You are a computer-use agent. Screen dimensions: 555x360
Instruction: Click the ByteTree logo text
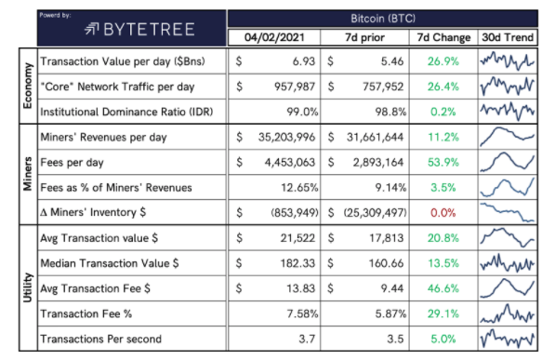coord(150,30)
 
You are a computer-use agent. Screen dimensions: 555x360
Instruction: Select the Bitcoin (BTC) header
coord(383,19)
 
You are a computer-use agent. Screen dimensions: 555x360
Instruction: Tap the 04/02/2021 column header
coord(274,37)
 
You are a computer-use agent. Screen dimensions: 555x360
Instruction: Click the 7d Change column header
coord(443,37)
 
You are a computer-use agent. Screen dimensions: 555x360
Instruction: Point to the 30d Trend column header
coord(508,37)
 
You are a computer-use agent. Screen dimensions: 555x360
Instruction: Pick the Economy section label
coord(28,87)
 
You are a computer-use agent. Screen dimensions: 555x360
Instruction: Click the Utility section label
coord(28,287)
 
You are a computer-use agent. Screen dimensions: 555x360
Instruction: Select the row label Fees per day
coord(72,163)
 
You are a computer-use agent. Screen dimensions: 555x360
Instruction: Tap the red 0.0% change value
coord(443,213)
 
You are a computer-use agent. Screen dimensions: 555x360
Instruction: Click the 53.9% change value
coord(443,162)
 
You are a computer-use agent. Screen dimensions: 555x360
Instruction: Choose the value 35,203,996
coord(286,137)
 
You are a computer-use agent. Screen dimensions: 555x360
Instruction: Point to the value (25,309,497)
coord(376,213)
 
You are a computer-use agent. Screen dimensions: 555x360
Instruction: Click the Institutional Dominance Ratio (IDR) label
coord(126,112)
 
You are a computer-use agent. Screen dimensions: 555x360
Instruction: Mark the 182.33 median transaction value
coord(297,263)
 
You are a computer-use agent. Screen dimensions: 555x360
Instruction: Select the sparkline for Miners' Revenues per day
coord(508,137)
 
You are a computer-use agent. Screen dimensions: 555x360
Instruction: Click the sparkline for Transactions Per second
coord(508,339)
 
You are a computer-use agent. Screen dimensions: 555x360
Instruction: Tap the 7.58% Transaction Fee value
coord(302,313)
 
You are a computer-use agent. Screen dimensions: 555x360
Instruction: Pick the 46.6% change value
coord(443,288)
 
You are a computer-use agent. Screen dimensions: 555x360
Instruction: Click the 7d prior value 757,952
coord(383,87)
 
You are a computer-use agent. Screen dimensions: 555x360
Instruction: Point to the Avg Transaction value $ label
coord(99,238)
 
